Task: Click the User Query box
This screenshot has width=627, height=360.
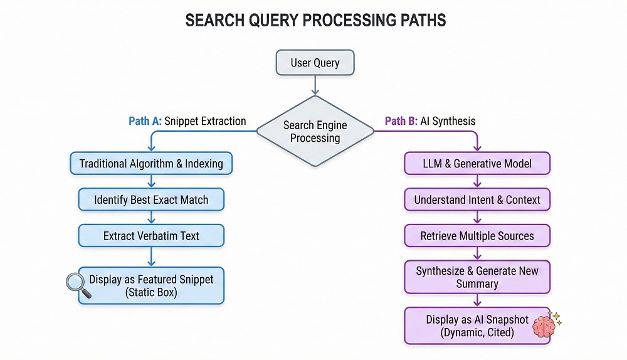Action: pyautogui.click(x=315, y=63)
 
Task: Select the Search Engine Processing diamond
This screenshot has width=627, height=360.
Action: pyautogui.click(x=315, y=131)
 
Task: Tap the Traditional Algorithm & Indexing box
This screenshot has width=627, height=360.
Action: pyautogui.click(x=151, y=164)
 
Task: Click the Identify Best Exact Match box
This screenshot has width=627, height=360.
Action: pyautogui.click(x=151, y=200)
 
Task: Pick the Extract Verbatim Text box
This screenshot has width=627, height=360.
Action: pyautogui.click(x=151, y=236)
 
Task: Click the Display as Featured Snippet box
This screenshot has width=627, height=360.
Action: pyautogui.click(x=151, y=285)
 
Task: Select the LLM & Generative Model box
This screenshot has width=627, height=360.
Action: pyautogui.click(x=477, y=164)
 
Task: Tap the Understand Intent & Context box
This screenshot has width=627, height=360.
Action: pyautogui.click(x=477, y=200)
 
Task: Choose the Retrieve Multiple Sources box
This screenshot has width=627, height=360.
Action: pyautogui.click(x=477, y=236)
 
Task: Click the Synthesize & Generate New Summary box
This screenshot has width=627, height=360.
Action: pyautogui.click(x=477, y=277)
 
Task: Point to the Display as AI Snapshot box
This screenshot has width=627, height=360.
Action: pyautogui.click(x=477, y=326)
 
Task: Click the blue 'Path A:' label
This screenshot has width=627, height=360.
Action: pyautogui.click(x=145, y=121)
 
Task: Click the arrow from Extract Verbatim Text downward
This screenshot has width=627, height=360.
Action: pyautogui.click(x=151, y=257)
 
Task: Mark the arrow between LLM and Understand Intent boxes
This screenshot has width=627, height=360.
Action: pyautogui.click(x=477, y=182)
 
